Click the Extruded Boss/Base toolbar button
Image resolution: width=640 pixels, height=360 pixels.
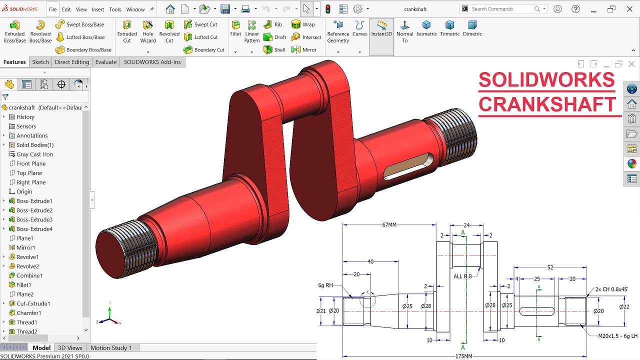tap(14, 31)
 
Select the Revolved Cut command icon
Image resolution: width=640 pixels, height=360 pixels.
tap(169, 31)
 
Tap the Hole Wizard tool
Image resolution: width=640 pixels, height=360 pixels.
tap(148, 31)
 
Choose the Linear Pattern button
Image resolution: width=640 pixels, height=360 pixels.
tap(252, 31)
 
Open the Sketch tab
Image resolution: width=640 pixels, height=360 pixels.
tap(40, 62)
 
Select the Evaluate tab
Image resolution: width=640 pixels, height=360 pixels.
tap(106, 62)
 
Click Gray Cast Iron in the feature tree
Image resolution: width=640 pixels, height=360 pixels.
tap(34, 154)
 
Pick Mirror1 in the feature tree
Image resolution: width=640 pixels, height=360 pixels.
tap(26, 247)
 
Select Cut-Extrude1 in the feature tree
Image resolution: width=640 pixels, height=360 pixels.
tap(33, 303)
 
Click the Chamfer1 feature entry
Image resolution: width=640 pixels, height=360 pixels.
tap(29, 313)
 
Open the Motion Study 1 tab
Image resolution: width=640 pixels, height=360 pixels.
tap(111, 348)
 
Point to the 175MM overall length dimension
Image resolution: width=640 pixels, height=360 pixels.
tap(463, 356)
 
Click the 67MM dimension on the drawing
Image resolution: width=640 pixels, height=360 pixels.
tap(389, 225)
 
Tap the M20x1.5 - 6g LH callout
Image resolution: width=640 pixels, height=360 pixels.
tap(618, 336)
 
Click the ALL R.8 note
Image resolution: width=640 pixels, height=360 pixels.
tap(462, 276)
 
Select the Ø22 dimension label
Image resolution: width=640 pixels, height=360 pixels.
tap(624, 306)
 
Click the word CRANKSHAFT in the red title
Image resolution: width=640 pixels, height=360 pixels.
tap(547, 104)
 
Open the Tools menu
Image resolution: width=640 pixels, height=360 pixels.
tap(115, 9)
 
